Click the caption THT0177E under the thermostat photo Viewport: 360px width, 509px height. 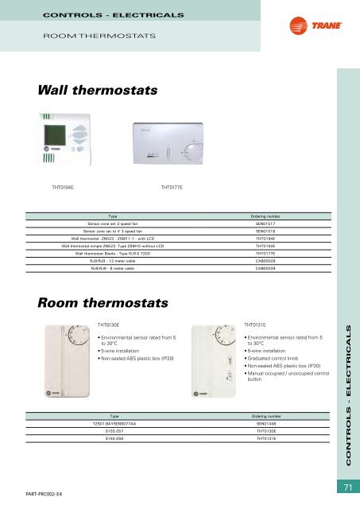pyautogui.click(x=172, y=188)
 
